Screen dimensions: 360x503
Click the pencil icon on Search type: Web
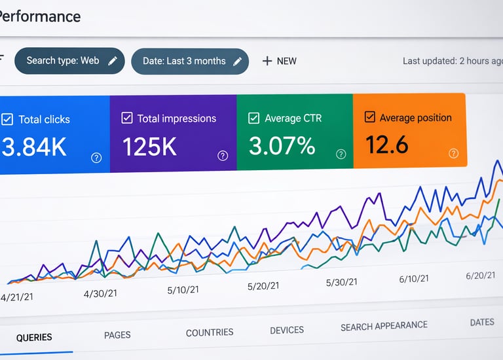pos(113,61)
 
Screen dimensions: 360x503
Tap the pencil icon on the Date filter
pos(237,62)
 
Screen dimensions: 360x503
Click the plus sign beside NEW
pos(267,61)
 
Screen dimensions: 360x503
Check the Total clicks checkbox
pos(7,119)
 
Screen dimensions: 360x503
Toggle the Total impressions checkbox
pos(127,118)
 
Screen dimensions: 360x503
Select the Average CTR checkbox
pos(253,118)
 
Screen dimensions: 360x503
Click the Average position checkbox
pos(369,117)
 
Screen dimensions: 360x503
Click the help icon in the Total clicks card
pos(96,157)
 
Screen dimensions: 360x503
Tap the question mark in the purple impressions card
pos(223,155)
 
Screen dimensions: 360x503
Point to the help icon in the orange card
pos(454,153)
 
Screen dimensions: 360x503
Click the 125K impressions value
pos(149,147)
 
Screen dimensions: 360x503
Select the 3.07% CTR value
pos(282,145)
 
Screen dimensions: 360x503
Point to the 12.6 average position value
pos(386,144)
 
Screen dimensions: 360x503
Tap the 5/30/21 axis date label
pos(342,282)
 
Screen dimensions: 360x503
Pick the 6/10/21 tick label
pos(414,279)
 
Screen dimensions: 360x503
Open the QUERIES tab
pos(34,338)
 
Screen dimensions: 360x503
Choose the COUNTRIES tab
pos(210,333)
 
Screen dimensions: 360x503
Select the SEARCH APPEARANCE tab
pos(384,326)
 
